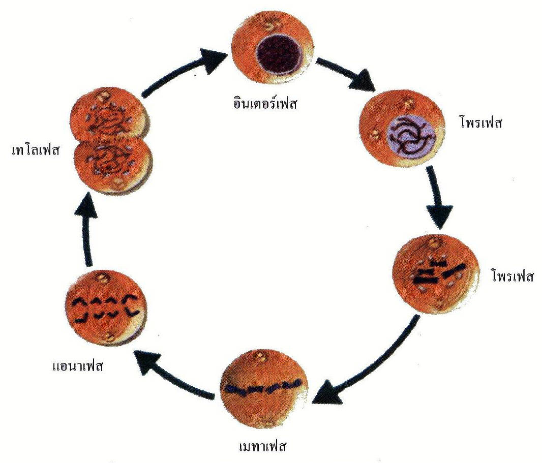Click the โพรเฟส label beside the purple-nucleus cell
point(476,124)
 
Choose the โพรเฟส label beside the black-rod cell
point(512,277)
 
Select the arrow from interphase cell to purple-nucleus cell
point(346,74)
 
